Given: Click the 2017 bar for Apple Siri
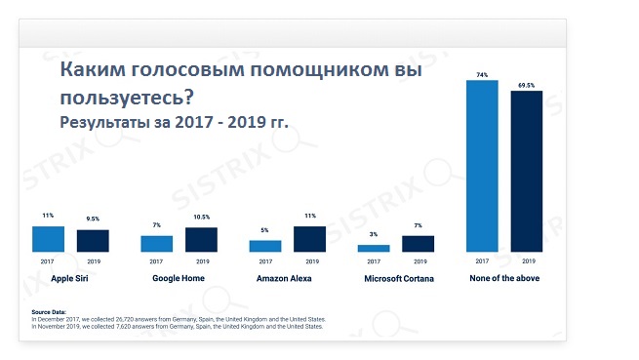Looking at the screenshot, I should tap(48, 239).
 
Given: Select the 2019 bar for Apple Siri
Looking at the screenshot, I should tap(93, 241).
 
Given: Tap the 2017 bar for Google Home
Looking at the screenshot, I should tap(156, 244).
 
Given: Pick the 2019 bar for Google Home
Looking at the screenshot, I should tap(201, 240).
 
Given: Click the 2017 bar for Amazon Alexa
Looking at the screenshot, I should tap(264, 246).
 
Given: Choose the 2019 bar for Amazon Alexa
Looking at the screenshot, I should tap(309, 239).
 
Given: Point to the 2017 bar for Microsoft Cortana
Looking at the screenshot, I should tap(373, 248).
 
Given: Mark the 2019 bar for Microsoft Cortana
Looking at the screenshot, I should tap(418, 244).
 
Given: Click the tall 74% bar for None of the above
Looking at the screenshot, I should tap(482, 166).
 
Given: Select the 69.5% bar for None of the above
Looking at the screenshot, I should tap(527, 172).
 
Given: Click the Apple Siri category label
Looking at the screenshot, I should tap(70, 279).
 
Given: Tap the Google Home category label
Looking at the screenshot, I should tap(179, 279).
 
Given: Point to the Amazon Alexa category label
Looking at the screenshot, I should tap(287, 279).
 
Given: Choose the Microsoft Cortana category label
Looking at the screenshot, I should tap(395, 279).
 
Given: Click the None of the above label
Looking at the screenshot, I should tap(504, 279).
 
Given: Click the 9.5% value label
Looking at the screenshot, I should tap(93, 221).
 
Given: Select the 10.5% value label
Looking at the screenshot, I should tap(201, 219).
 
